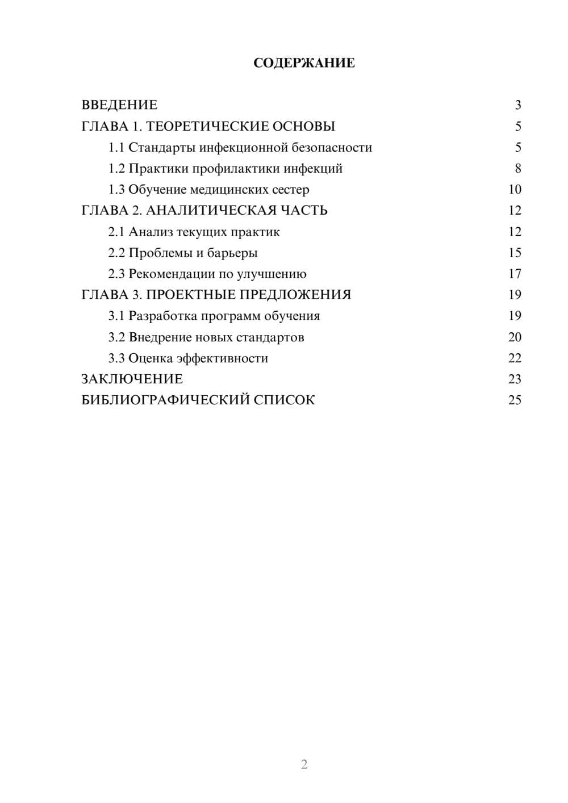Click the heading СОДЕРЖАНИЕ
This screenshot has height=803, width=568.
coord(304,63)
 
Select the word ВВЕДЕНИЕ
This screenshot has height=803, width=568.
coord(119,105)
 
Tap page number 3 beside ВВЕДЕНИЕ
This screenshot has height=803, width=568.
coord(518,105)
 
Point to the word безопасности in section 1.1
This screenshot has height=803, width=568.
coord(332,148)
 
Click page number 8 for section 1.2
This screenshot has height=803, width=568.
coord(518,169)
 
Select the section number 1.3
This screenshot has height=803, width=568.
coord(116,190)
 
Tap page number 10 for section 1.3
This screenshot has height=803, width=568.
coord(515,190)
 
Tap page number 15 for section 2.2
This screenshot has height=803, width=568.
coord(515,253)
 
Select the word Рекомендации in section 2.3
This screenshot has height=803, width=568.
coord(172,274)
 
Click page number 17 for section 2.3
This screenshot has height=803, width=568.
coord(515,274)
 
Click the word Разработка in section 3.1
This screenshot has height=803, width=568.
coord(163,316)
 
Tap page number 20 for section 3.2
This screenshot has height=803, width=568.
coord(515,337)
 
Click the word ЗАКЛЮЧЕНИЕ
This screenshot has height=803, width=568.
coord(132,379)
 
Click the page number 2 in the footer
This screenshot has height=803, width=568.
coord(304,764)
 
